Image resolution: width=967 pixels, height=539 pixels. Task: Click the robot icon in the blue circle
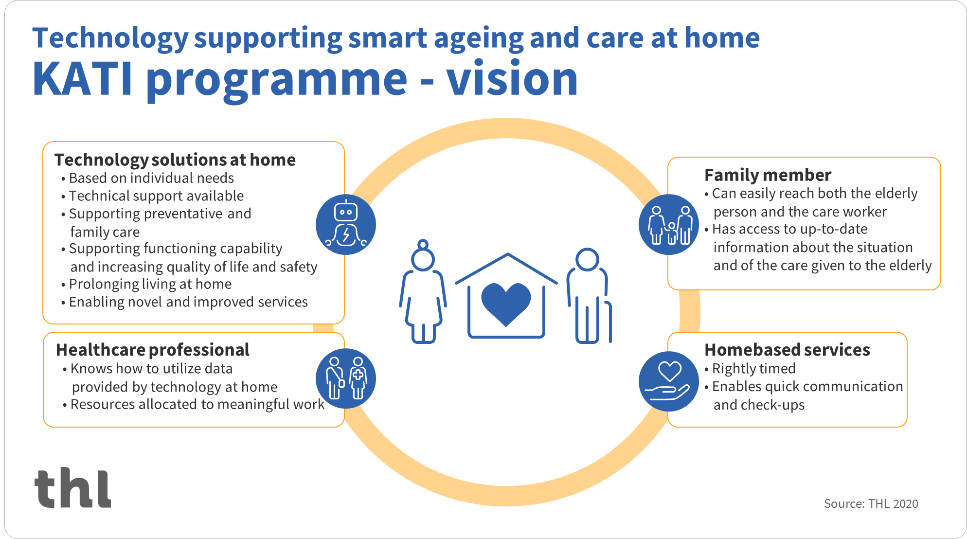click(x=346, y=224)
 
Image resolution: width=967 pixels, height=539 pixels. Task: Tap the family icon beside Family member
click(x=669, y=224)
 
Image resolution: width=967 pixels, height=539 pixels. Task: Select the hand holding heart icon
click(x=669, y=381)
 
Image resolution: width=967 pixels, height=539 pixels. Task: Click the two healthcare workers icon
click(x=346, y=378)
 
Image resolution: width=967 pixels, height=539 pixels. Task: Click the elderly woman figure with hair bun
click(x=423, y=291)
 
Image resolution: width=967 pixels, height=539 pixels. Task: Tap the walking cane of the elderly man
click(x=609, y=322)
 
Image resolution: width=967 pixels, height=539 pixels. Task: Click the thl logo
click(x=73, y=488)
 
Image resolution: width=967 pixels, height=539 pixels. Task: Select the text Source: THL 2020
click(x=871, y=503)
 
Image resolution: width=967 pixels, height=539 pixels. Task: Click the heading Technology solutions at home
click(x=175, y=160)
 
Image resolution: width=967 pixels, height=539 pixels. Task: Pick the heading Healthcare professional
click(x=153, y=350)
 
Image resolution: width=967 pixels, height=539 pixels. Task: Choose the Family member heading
click(x=768, y=175)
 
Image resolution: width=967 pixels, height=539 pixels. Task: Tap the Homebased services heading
click(x=787, y=350)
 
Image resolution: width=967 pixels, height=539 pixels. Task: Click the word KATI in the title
click(x=82, y=79)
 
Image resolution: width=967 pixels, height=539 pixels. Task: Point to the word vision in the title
click(x=512, y=79)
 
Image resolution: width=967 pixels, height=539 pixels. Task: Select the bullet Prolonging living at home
click(x=146, y=284)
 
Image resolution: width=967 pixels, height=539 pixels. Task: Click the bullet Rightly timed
click(x=750, y=369)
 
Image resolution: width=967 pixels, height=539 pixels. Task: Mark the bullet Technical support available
click(x=152, y=196)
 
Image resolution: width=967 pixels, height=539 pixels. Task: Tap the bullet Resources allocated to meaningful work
click(x=194, y=404)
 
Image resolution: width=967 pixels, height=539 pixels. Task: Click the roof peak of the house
click(x=508, y=254)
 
